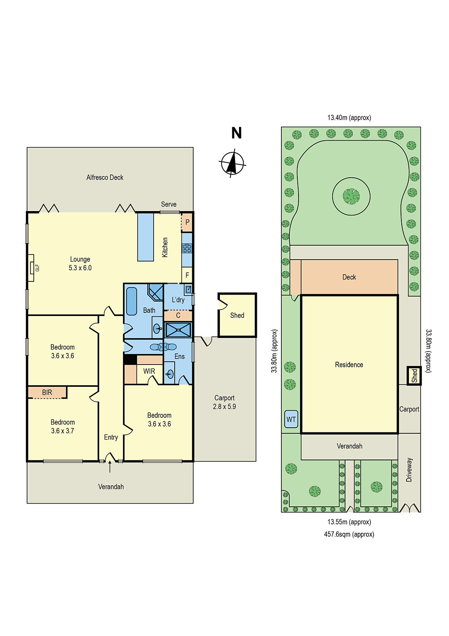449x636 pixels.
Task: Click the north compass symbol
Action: pyautogui.click(x=232, y=163)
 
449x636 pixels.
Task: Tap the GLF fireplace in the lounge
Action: pyautogui.click(x=31, y=268)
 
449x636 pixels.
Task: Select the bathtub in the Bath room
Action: pyautogui.click(x=131, y=301)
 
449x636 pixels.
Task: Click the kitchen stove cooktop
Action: pyautogui.click(x=187, y=248)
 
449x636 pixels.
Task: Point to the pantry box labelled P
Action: pyautogui.click(x=187, y=223)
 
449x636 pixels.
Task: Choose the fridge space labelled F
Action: pyautogui.click(x=187, y=275)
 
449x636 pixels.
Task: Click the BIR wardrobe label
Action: pyautogui.click(x=47, y=392)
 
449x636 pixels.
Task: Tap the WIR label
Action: pyautogui.click(x=149, y=371)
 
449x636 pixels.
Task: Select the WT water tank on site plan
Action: pyautogui.click(x=291, y=419)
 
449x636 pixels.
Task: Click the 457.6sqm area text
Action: pyautogui.click(x=349, y=534)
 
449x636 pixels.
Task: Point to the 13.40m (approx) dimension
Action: pyautogui.click(x=349, y=118)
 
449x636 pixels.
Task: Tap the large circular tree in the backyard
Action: pyautogui.click(x=351, y=196)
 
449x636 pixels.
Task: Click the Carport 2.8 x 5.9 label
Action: pyautogui.click(x=224, y=402)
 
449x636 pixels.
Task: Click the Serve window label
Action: pyautogui.click(x=169, y=204)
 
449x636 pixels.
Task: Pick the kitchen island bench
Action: pyautogui.click(x=146, y=237)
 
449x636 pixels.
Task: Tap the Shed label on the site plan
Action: pyautogui.click(x=414, y=376)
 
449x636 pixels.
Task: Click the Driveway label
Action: pyautogui.click(x=409, y=470)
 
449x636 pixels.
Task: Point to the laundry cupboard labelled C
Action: pyautogui.click(x=178, y=316)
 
